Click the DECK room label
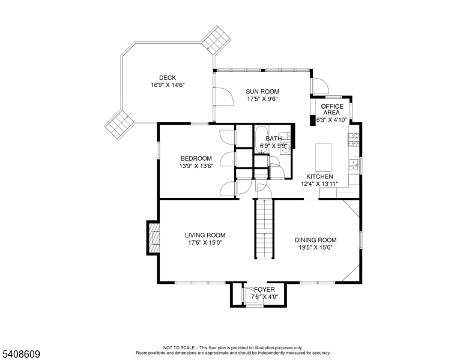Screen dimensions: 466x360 coord(168,78)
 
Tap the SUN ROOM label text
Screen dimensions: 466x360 coord(262,91)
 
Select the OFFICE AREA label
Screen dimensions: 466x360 coord(332,109)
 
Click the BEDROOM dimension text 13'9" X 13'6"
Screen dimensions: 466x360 coord(196,166)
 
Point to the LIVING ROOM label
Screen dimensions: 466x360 coord(205,235)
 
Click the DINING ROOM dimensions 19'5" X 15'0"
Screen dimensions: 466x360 coord(315,247)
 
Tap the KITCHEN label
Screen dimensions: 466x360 coord(319,176)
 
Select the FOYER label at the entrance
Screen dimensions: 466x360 coord(264,289)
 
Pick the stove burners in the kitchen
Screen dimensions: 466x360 coord(353,139)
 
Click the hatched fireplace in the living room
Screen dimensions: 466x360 coord(154,238)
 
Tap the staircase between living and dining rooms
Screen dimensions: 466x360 coord(264,229)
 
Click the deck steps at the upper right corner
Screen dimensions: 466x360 coord(216,40)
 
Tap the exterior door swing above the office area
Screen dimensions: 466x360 coord(320,86)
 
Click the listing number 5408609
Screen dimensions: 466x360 coord(21,354)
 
